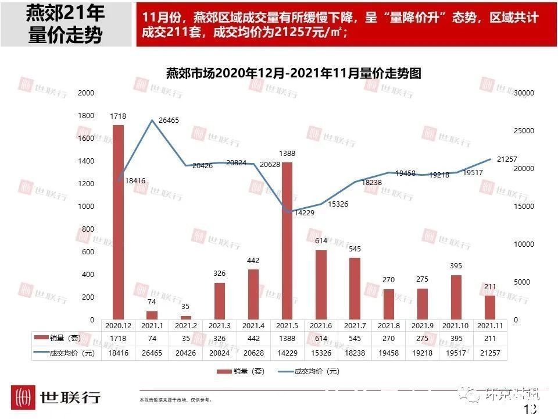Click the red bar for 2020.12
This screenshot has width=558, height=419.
[118, 222]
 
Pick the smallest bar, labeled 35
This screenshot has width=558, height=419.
[186, 317]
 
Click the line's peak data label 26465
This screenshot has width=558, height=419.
[168, 120]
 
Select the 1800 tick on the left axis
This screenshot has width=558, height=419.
[85, 116]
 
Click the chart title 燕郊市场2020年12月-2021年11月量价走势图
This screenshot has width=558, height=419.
[293, 73]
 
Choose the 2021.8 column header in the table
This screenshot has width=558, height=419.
[388, 326]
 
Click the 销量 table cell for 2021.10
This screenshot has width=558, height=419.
[456, 339]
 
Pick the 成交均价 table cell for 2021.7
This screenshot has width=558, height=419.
[355, 353]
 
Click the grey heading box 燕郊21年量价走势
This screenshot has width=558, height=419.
[66, 25]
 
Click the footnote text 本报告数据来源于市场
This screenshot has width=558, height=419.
[176, 400]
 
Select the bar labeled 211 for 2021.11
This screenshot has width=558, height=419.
[490, 307]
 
